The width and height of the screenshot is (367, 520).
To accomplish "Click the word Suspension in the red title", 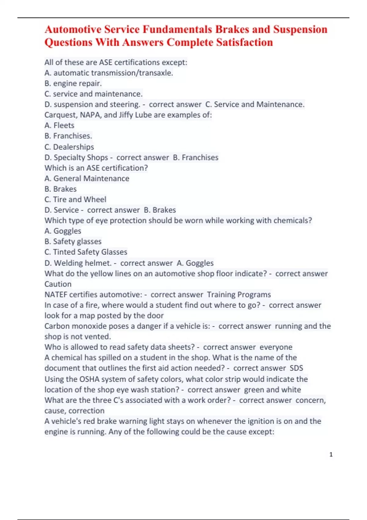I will coord(300,29).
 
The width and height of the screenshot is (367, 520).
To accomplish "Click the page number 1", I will coord(331,455).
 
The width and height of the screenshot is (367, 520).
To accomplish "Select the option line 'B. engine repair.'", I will coord(73,83).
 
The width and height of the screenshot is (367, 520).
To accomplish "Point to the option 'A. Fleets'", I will coord(59,125).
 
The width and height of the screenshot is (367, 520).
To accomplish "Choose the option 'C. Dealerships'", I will coord(69,147).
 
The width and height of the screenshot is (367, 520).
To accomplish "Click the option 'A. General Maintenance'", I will coord(87,178).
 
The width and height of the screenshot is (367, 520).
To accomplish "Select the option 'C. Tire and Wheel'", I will coord(75,199).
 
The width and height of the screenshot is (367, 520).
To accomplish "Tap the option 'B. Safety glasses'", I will coord(73,241).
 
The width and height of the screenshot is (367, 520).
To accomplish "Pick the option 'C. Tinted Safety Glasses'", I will coord(86,252).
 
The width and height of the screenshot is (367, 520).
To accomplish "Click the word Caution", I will coord(58,284).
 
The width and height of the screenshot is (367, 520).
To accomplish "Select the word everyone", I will coord(276,347).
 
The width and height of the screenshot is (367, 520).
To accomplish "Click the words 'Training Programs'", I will coord(239,294).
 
